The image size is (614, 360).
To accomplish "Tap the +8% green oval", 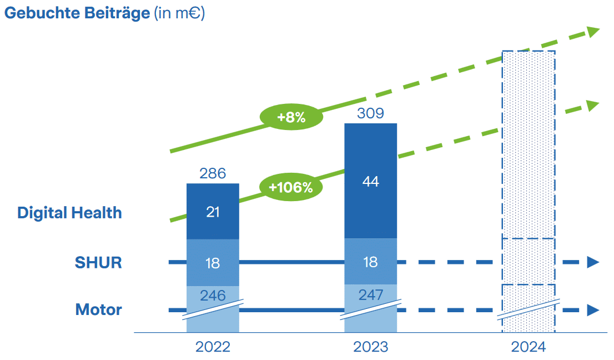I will [291, 117].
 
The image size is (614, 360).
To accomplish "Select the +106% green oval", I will [290, 187].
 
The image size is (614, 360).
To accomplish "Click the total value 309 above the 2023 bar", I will [370, 113].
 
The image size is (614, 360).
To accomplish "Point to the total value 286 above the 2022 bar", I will [213, 174].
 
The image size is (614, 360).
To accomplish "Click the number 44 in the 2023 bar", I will [370, 182].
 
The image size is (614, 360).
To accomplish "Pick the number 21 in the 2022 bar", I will [213, 212].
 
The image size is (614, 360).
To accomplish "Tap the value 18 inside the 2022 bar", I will [213, 263].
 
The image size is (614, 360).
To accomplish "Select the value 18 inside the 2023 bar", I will [370, 262].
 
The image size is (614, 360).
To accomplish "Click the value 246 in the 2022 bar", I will [213, 296].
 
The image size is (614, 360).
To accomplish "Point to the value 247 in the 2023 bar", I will [370, 294].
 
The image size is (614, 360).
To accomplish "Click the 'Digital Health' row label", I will [69, 213].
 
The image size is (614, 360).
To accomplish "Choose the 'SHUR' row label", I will [98, 262].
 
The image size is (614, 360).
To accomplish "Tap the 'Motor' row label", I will [98, 309].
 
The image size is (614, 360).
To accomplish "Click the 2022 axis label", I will [213, 347].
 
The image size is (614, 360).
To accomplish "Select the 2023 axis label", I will [370, 347].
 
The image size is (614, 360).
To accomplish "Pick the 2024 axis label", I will [529, 347].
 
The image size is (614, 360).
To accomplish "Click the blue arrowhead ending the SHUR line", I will [593, 262].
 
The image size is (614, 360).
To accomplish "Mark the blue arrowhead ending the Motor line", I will [593, 310].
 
